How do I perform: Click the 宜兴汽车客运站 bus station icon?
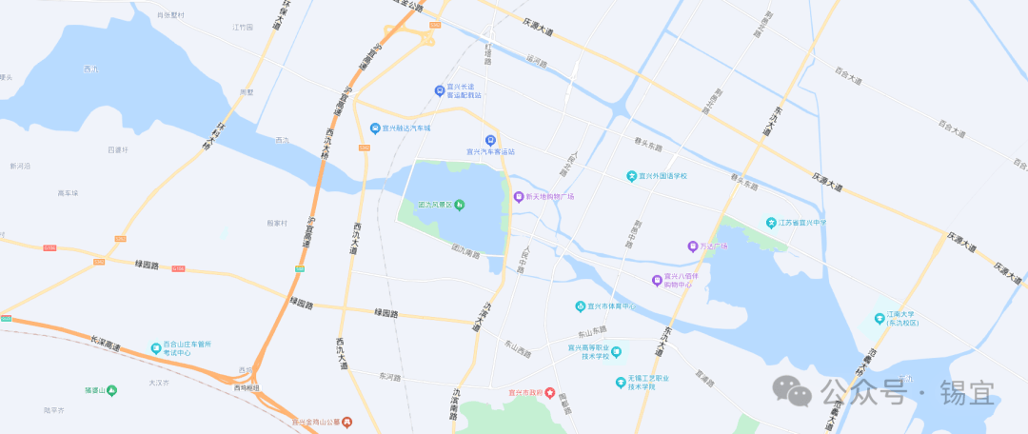490,140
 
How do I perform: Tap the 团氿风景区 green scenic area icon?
460,205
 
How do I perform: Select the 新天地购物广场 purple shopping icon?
518,197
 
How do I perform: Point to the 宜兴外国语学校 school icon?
631,176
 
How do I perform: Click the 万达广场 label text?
714,247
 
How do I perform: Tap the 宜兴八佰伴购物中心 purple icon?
657,280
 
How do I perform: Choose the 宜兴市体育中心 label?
610,306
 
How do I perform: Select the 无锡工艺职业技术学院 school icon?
620,383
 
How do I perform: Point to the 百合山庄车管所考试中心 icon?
155,348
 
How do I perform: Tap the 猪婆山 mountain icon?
112,389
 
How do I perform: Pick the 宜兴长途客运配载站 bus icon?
438,90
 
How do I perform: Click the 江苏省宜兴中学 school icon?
772,223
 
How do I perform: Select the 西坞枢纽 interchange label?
247,387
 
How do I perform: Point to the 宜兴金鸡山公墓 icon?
347,421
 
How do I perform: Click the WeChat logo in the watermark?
792,389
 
